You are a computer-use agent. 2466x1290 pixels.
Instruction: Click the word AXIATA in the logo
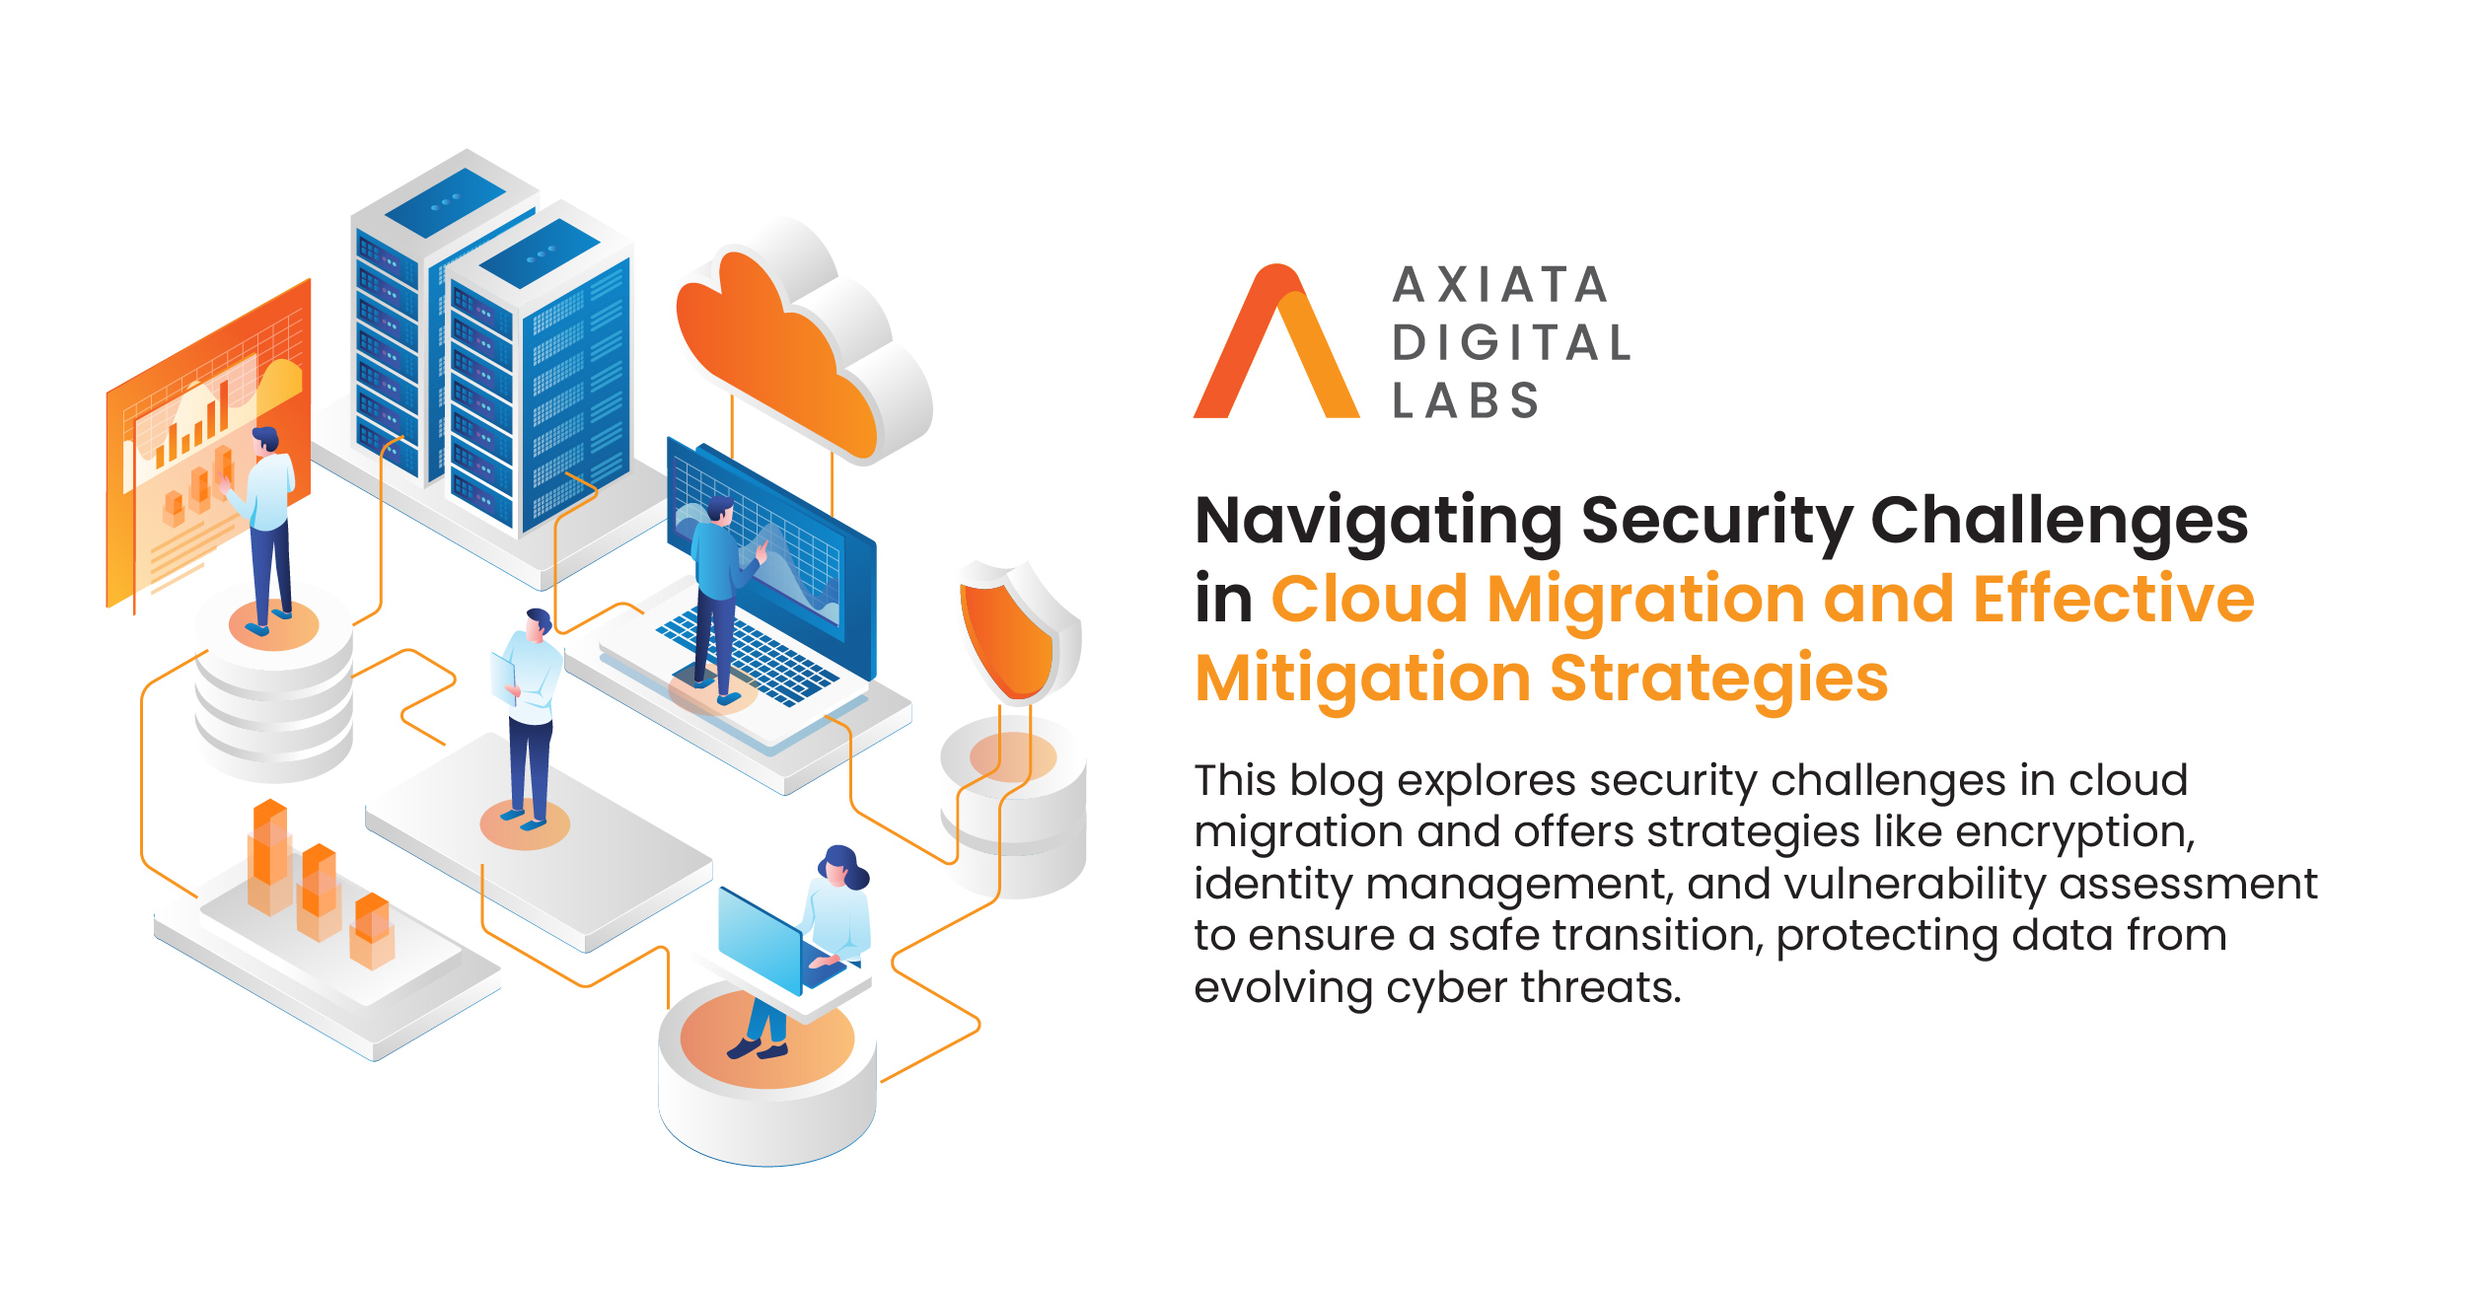[1500, 285]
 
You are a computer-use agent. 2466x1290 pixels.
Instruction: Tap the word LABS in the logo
[1465, 400]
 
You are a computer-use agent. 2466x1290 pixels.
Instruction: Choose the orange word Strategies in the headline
[1718, 680]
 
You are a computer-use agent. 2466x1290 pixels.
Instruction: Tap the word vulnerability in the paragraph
[1915, 884]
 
